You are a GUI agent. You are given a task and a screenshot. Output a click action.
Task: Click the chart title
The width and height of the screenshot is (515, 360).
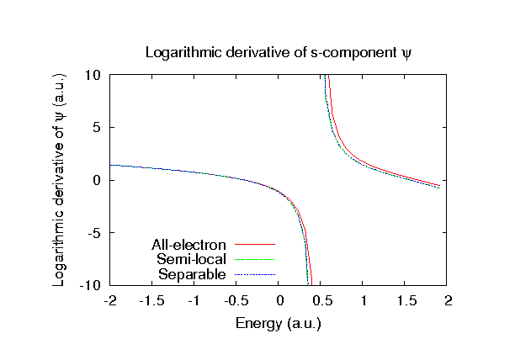tap(279, 52)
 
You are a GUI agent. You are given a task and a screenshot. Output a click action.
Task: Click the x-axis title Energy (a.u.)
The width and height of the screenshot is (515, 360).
tap(279, 322)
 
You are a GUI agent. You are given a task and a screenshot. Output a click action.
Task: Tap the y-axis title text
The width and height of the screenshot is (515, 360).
tap(60, 180)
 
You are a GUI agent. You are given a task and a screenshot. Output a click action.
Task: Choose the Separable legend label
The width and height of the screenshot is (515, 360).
tap(192, 275)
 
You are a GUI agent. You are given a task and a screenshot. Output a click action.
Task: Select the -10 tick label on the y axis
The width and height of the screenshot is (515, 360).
tap(92, 286)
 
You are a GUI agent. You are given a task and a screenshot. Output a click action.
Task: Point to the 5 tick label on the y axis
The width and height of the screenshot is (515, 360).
tap(98, 128)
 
